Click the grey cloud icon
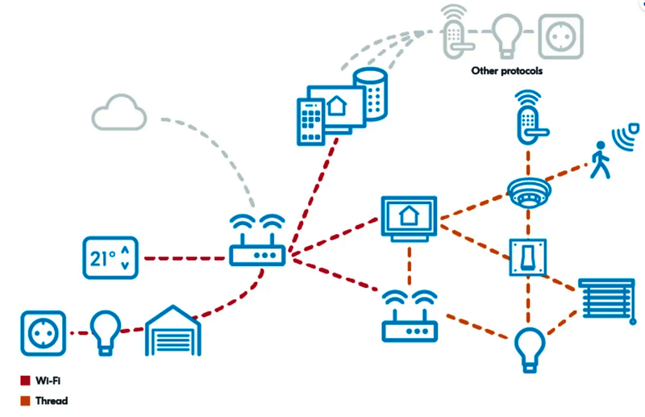pyautogui.click(x=119, y=113)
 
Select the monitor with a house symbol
pyautogui.click(x=409, y=217)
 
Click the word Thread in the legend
pyautogui.click(x=52, y=400)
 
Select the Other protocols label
pyautogui.click(x=506, y=71)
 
